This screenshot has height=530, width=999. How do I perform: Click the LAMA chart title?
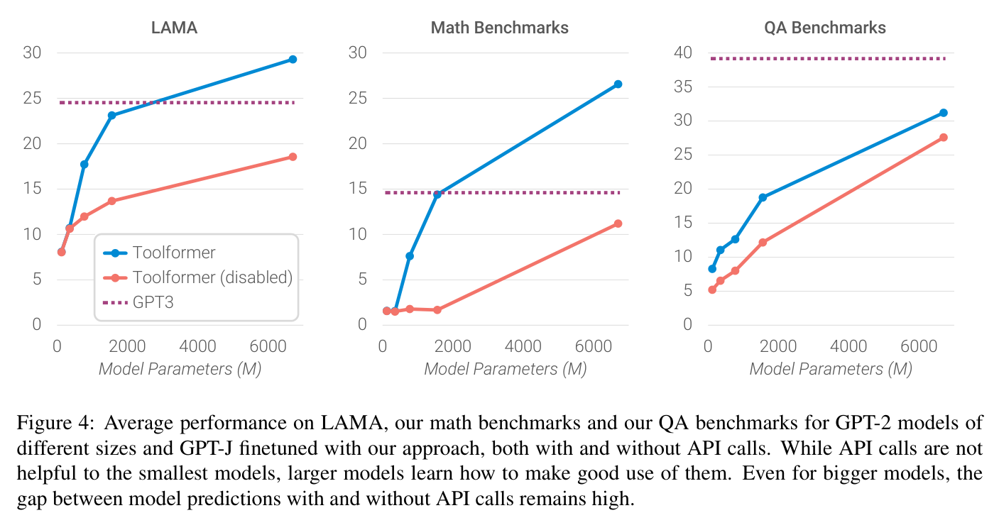point(174,28)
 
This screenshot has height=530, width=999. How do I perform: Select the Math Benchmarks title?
point(500,28)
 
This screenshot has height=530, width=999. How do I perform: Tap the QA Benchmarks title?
point(824,28)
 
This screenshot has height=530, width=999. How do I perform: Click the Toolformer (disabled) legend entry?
point(197,277)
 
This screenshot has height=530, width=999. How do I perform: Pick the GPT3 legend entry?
point(138,302)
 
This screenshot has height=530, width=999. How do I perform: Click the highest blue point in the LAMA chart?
point(293,60)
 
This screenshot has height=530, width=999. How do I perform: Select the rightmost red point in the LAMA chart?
point(293,157)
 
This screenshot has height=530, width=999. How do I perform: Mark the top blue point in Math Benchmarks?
point(618,84)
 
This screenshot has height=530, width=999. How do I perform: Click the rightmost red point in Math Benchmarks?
point(618,223)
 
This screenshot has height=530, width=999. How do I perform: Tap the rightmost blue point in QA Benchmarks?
point(943,113)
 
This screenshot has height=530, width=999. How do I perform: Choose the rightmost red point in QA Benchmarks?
point(943,138)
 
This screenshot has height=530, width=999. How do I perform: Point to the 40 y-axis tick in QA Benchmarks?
point(683,53)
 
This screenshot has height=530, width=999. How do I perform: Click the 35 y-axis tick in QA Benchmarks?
point(683,87)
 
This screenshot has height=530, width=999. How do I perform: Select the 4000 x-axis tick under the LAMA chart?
point(197,346)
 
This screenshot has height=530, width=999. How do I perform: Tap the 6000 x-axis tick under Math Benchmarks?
point(593,346)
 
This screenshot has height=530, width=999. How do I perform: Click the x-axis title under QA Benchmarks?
point(831,369)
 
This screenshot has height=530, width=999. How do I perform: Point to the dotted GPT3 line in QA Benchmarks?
point(828,58)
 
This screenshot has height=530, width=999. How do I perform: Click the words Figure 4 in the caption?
point(55,423)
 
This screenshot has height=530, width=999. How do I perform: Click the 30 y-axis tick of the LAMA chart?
point(32,53)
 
